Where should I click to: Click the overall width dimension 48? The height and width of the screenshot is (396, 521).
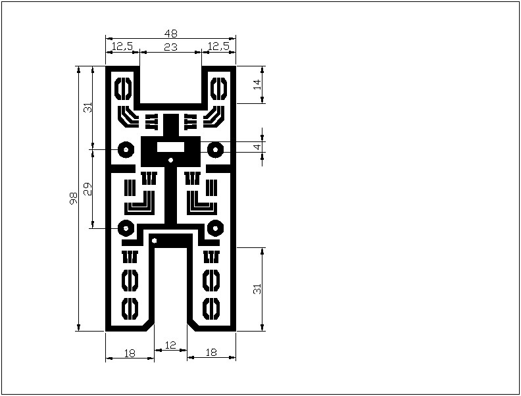[171, 34]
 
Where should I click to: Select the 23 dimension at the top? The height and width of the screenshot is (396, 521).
[171, 47]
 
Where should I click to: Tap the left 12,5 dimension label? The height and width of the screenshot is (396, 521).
[122, 47]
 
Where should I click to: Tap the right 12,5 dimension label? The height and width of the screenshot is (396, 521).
[218, 47]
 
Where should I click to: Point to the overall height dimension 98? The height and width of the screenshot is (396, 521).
[73, 199]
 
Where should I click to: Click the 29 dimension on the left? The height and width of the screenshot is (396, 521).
[87, 189]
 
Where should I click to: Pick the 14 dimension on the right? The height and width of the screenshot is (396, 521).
[257, 85]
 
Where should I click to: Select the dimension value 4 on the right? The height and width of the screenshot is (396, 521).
[258, 147]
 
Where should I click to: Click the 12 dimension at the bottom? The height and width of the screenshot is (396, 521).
[170, 345]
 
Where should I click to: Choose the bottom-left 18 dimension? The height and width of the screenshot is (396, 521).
[130, 353]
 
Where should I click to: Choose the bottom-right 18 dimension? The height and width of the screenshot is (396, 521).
[211, 352]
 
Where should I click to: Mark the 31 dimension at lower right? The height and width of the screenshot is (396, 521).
[257, 289]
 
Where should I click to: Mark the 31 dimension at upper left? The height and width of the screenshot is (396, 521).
[87, 108]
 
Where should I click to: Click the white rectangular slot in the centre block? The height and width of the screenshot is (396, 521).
[170, 147]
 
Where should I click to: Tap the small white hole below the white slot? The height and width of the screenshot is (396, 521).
[171, 161]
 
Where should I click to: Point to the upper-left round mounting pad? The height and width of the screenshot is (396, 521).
[126, 149]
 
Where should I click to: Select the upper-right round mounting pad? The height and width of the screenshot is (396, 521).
[215, 149]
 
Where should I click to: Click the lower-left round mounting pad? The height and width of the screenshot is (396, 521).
[126, 228]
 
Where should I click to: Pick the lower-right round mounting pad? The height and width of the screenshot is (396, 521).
[215, 228]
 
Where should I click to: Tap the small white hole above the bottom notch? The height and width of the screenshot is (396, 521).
[154, 241]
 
